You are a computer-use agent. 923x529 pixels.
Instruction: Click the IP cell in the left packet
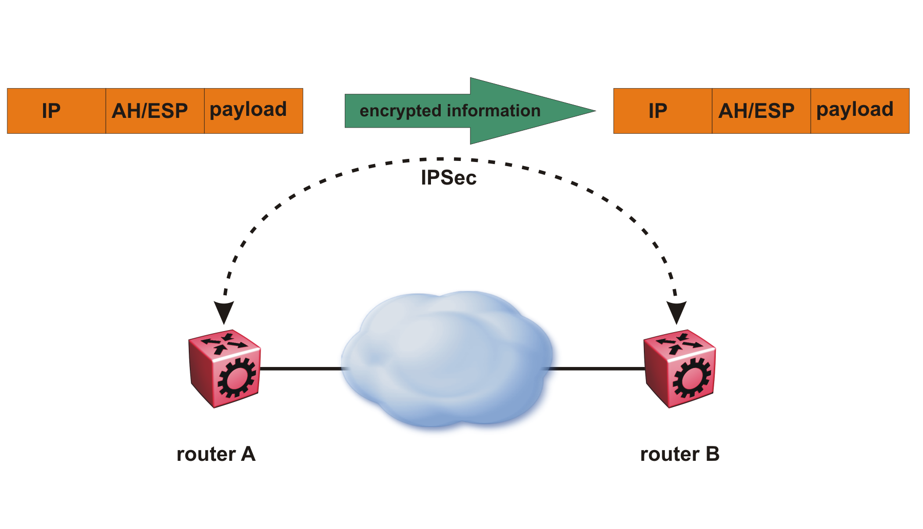tap(56, 111)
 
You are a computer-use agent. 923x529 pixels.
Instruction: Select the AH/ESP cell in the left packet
tap(155, 111)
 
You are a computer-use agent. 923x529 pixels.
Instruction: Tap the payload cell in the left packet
tap(253, 111)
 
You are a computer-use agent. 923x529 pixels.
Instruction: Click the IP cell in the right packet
tap(662, 111)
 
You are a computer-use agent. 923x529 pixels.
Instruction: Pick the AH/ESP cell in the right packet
tap(761, 111)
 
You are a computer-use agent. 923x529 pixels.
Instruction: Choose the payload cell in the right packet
tap(860, 111)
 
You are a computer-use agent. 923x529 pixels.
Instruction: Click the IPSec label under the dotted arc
tap(448, 178)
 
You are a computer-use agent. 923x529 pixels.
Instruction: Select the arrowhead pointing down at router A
tap(224, 312)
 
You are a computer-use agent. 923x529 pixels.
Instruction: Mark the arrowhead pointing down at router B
tap(677, 312)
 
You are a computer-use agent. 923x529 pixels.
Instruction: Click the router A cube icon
tap(225, 368)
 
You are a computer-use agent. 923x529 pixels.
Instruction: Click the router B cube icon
tap(679, 368)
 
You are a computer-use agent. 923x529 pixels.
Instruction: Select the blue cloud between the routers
tap(446, 359)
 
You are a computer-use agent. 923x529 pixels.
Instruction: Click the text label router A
tap(216, 454)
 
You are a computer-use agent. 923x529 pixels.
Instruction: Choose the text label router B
tap(680, 454)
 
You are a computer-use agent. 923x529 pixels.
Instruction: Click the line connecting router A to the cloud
tap(301, 369)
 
